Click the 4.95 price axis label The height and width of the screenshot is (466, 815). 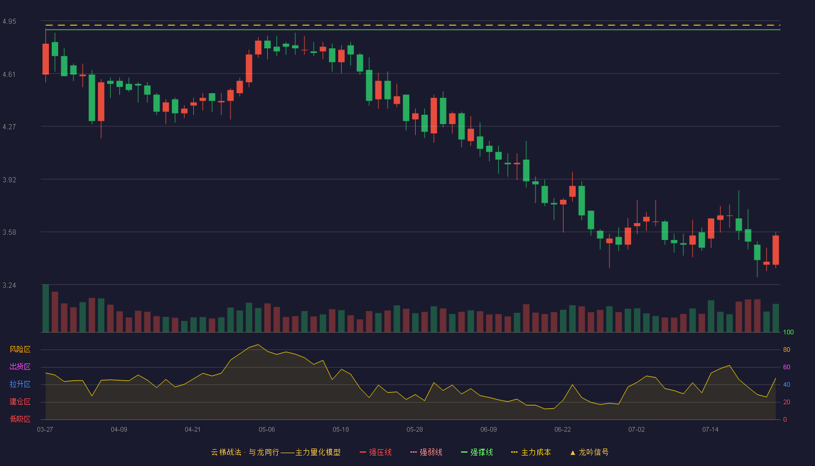click(9, 22)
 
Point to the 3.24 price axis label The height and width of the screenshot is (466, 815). click(9, 285)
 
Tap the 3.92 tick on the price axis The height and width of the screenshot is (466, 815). click(9, 179)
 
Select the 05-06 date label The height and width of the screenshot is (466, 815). click(267, 429)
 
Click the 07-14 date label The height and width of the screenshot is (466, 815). click(710, 429)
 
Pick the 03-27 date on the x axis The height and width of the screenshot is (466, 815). click(45, 429)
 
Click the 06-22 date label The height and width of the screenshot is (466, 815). click(562, 429)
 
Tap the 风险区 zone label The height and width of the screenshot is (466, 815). click(20, 349)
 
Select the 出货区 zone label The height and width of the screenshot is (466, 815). click(20, 366)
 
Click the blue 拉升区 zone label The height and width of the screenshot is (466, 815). click(20, 384)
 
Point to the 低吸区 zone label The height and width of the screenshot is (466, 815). click(20, 419)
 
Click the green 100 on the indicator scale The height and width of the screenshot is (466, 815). click(788, 332)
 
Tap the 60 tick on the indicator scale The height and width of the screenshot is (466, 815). click(786, 367)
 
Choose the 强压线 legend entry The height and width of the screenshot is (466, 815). click(375, 452)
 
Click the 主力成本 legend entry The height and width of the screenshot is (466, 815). click(531, 452)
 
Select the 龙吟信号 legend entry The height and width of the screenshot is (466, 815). click(589, 452)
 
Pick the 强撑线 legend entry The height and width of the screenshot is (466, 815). click(477, 452)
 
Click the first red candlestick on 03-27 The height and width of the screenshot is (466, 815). click(45, 59)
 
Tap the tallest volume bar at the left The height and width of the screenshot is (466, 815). click(45, 308)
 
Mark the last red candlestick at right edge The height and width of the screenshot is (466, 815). click(775, 250)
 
